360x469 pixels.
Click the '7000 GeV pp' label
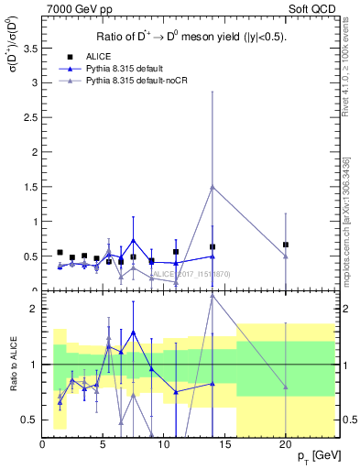pos(78,8)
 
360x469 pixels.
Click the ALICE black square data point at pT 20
pos(286,245)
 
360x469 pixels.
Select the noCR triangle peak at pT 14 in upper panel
pos(213,187)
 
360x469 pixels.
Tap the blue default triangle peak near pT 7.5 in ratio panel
pos(134,333)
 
